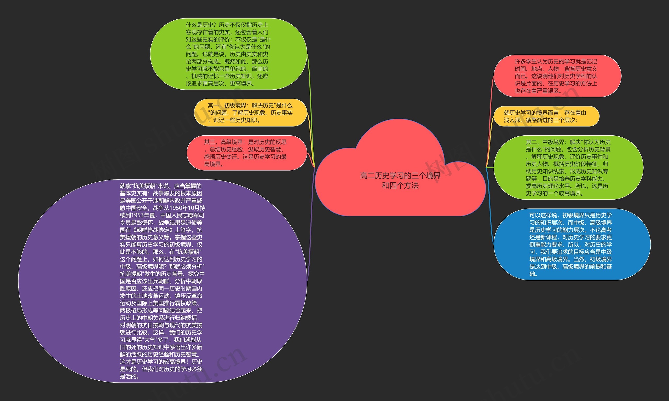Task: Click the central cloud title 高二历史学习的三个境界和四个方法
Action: (400, 180)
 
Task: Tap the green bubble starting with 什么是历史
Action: (228, 54)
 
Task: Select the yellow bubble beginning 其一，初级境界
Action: (250, 113)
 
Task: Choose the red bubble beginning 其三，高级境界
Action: (246, 153)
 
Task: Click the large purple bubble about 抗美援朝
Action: (162, 281)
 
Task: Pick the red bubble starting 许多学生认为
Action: (557, 76)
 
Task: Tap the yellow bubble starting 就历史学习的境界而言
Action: (546, 116)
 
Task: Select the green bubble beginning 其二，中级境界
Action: (568, 167)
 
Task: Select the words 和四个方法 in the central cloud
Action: (400, 185)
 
